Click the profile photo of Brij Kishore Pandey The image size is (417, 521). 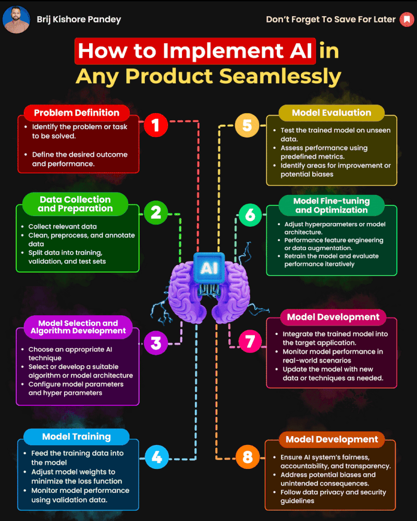16,20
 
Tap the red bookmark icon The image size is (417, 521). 406,20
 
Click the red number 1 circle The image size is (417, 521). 155,126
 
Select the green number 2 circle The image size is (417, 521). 155,213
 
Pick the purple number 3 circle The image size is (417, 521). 155,343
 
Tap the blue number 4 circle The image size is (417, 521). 155,458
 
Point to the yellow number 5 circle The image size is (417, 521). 247,126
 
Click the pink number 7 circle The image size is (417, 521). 250,341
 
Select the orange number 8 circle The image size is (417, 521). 247,458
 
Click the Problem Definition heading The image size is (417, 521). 77,113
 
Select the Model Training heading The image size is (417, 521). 77,437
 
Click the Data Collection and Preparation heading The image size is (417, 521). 75,204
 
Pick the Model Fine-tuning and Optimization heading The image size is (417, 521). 332,205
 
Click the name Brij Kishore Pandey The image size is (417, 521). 79,20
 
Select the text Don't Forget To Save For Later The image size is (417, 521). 331,20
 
